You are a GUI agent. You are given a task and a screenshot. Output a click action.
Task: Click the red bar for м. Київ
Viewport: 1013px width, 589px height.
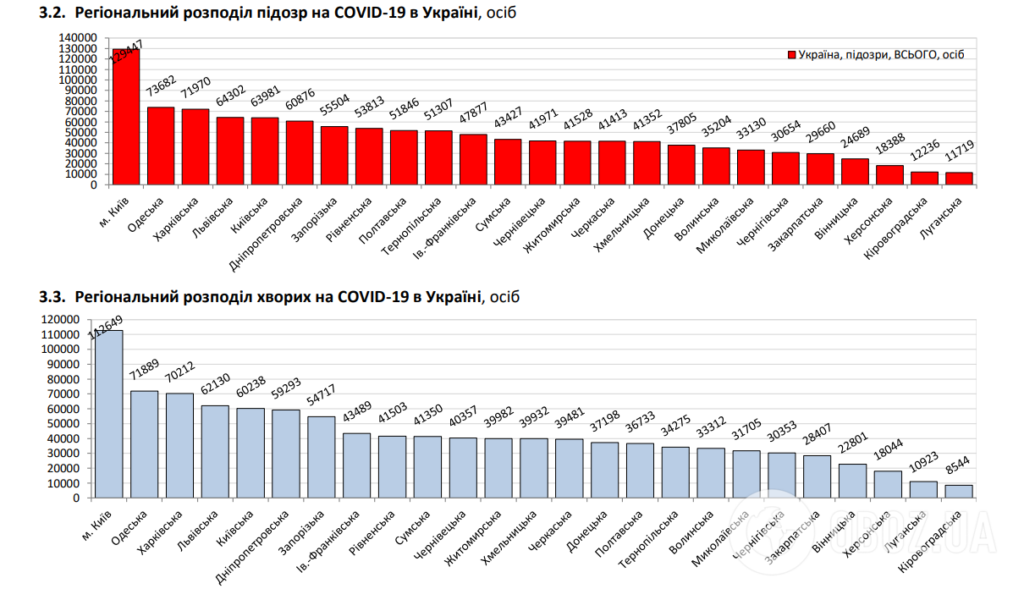click(126, 117)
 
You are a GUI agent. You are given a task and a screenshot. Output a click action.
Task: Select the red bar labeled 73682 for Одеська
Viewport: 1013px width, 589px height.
click(161, 146)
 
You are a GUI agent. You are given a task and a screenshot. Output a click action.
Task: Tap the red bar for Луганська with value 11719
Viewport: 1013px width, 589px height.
click(959, 178)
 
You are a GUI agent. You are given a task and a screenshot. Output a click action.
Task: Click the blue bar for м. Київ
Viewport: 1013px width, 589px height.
click(108, 414)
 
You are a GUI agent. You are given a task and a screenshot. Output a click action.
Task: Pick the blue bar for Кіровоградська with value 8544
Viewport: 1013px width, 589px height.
click(959, 492)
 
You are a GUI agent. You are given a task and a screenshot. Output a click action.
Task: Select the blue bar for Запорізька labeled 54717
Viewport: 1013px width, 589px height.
click(321, 457)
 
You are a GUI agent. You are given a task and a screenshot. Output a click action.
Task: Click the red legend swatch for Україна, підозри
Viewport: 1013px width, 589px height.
click(791, 55)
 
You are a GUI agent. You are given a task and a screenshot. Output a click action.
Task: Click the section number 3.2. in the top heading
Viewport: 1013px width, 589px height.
click(52, 14)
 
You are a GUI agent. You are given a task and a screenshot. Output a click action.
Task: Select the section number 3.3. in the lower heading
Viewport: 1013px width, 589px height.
click(52, 297)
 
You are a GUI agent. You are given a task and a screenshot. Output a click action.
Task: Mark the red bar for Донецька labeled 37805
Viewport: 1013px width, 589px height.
click(681, 164)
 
